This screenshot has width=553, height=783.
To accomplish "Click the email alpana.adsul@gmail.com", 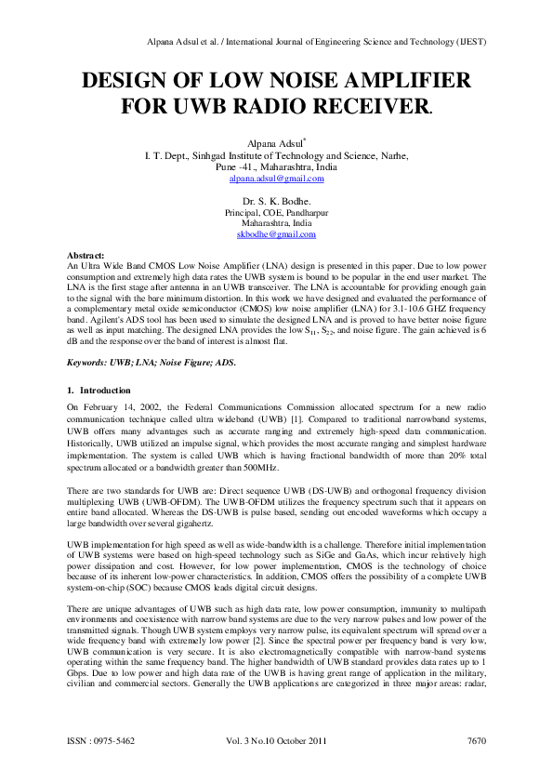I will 276,178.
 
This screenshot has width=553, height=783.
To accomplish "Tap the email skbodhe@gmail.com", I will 276,234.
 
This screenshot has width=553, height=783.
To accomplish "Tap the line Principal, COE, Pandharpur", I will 276,213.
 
